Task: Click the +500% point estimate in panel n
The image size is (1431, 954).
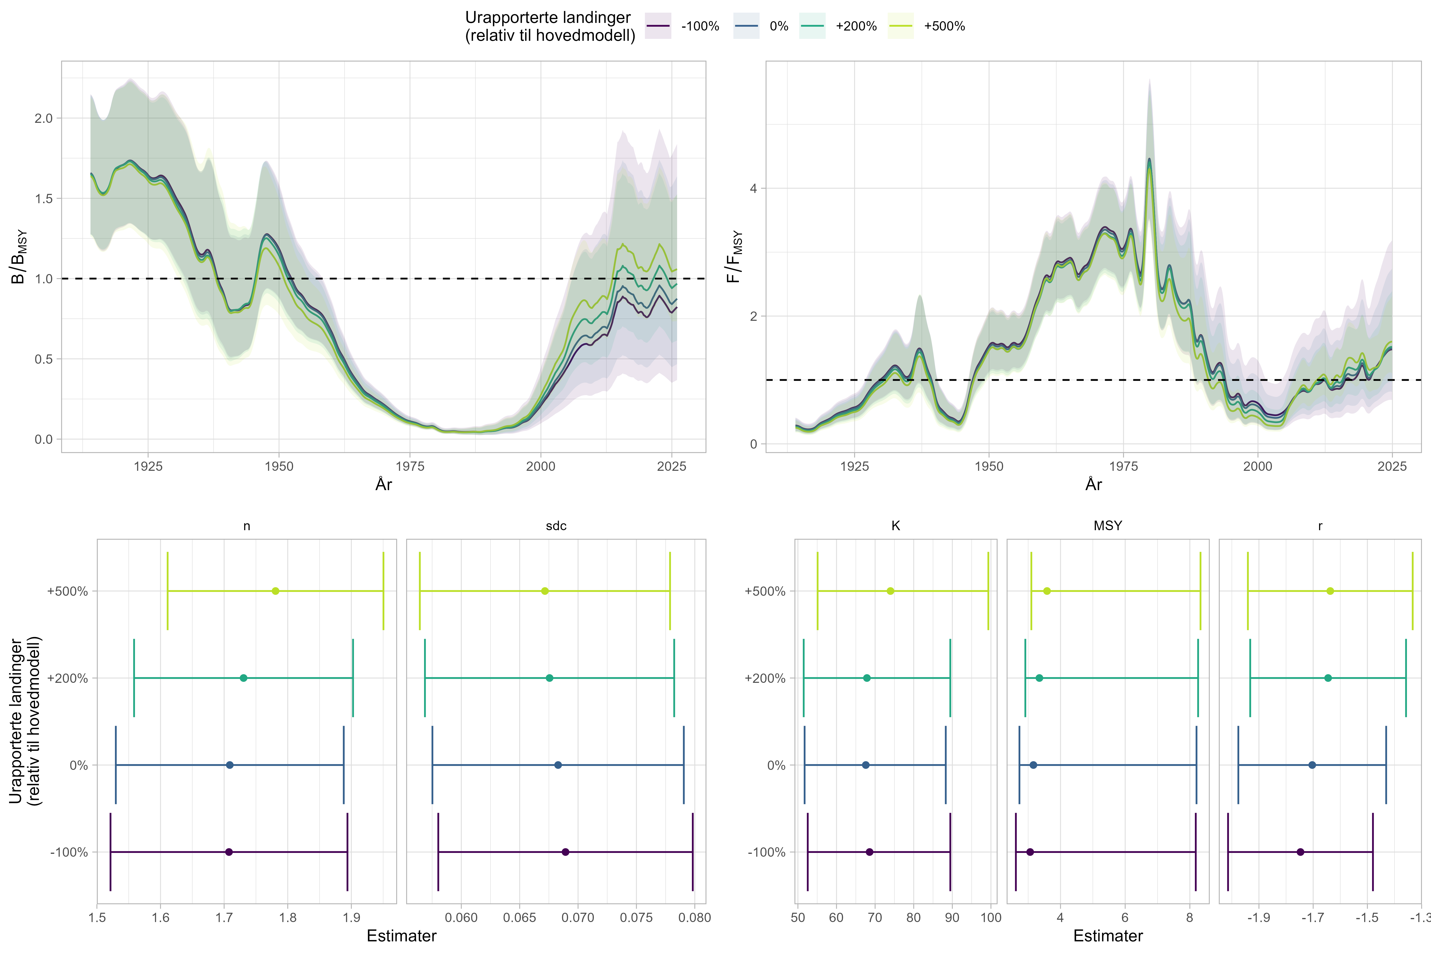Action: coord(276,591)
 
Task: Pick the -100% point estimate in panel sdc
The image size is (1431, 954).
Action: coord(565,852)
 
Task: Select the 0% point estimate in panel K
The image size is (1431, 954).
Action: coord(866,765)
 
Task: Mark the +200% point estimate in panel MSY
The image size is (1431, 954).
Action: coord(1039,678)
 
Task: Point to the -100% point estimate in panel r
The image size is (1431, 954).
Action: coord(1301,852)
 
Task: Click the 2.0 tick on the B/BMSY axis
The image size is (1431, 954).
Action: coord(44,118)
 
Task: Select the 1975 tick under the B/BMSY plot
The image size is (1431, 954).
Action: coord(410,467)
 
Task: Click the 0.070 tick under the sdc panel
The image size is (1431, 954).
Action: coord(578,918)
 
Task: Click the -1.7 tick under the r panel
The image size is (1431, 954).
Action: coord(1312,918)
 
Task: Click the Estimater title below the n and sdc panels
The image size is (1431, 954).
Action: coord(402,936)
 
